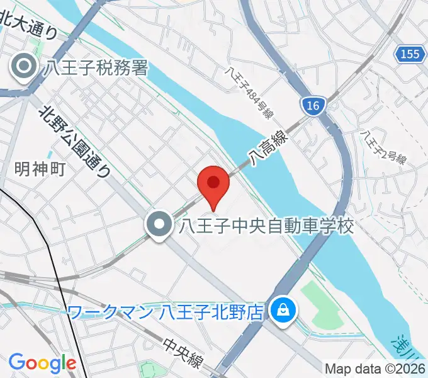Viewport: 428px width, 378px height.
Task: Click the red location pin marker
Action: click(213, 184)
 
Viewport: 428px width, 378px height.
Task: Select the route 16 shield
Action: click(313, 105)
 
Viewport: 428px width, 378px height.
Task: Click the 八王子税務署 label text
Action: click(96, 66)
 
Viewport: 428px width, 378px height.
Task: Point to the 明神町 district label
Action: click(40, 169)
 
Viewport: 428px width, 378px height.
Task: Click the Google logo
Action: click(42, 363)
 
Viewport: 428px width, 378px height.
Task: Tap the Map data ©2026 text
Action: click(375, 369)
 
